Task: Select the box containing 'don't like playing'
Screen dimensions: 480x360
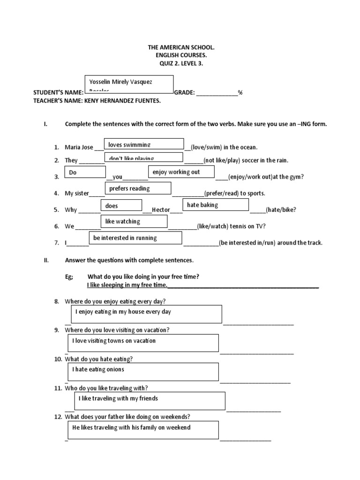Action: [143, 158]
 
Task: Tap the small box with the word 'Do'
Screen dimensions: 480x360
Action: [85, 172]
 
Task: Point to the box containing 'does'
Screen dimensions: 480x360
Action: [121, 205]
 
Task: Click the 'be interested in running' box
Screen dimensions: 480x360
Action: [135, 238]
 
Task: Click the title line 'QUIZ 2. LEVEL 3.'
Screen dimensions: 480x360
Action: [180, 64]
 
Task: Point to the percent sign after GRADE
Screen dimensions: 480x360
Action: [240, 93]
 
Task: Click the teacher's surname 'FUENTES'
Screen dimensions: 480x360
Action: [145, 101]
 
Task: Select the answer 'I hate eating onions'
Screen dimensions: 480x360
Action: [142, 371]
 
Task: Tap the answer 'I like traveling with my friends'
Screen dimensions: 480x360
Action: [150, 400]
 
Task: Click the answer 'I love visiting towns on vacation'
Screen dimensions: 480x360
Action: [142, 342]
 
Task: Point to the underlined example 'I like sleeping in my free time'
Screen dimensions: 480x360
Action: [127, 285]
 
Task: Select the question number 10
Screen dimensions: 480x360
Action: [58, 359]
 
